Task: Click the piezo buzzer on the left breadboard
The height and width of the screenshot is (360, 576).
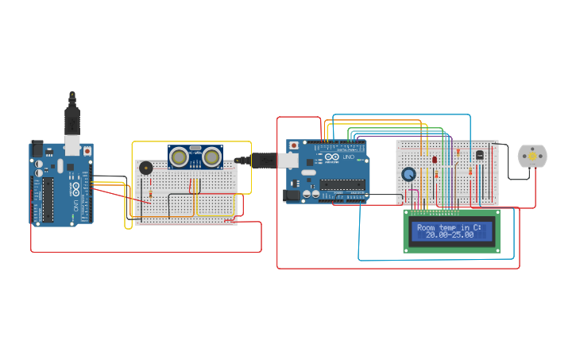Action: pos(145,168)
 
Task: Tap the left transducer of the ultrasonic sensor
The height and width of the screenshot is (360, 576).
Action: pos(180,157)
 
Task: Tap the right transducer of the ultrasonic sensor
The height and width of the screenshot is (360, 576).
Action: pos(211,157)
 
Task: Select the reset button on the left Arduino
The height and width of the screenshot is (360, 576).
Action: pos(87,151)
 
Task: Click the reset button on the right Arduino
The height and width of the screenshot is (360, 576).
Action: pos(294,145)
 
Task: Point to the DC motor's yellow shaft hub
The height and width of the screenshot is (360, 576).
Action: pos(532,157)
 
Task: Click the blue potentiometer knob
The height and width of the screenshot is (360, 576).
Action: pos(408,174)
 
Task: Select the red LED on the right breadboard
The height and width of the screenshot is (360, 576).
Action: pos(435,159)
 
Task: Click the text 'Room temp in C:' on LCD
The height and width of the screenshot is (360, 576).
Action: pos(449,227)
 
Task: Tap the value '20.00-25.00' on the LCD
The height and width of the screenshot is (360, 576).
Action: pos(449,235)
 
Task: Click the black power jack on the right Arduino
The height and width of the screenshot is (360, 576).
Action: pos(292,194)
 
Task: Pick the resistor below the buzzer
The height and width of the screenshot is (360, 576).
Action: pos(151,193)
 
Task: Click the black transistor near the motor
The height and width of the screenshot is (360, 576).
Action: pos(479,154)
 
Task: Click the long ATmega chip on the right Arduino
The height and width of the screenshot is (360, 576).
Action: pos(342,185)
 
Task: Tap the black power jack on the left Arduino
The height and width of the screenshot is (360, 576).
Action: pos(37,149)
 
